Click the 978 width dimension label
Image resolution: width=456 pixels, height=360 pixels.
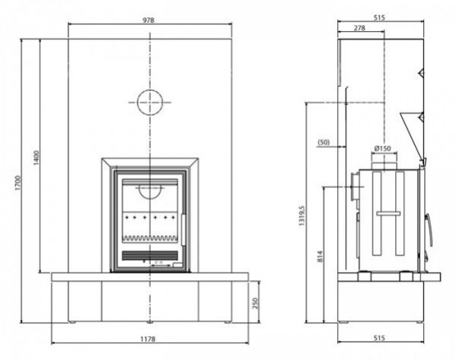148,21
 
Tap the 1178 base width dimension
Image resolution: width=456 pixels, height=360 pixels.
148,339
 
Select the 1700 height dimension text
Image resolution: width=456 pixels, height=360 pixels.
18,183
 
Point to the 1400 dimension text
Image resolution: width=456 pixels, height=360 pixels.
37,158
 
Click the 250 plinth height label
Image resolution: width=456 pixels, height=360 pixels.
256,303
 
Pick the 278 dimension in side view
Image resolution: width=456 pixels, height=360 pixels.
359,28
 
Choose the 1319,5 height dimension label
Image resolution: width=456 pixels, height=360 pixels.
301,215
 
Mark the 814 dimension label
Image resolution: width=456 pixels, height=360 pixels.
320,256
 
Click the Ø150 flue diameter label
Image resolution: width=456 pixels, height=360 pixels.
382,148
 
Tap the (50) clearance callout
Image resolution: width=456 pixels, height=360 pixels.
324,142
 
